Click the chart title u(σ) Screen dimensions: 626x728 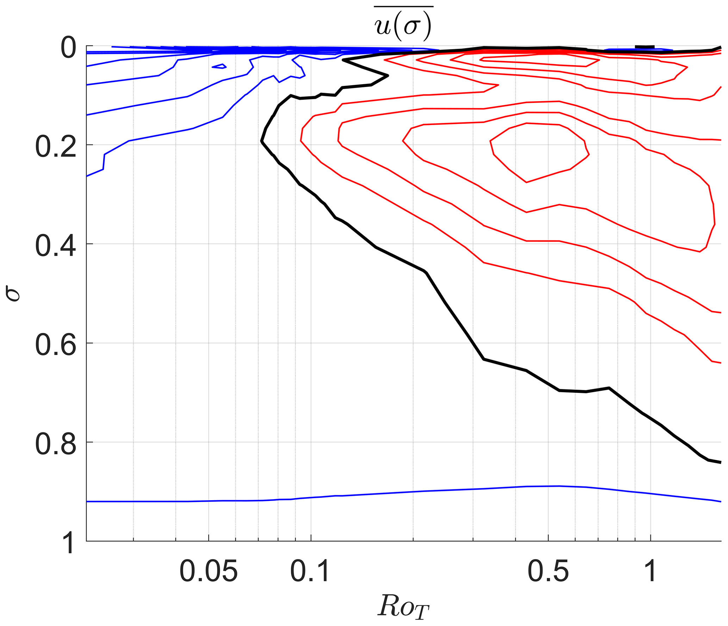(403, 26)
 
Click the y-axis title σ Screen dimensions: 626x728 (13, 293)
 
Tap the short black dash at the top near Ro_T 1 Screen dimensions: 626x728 (645, 47)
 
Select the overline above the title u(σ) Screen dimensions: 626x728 (403, 6)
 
